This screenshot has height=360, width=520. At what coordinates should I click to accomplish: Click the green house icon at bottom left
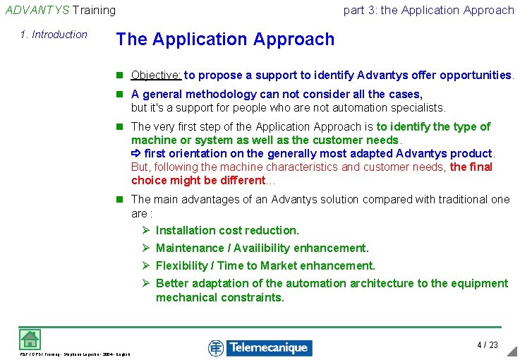[x=30, y=339]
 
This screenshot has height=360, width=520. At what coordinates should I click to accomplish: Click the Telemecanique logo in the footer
[x=260, y=347]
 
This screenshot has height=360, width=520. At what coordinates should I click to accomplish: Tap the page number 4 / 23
[x=488, y=345]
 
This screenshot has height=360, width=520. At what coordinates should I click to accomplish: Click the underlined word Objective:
[x=156, y=76]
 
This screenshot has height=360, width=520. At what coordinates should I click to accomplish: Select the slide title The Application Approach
[x=225, y=40]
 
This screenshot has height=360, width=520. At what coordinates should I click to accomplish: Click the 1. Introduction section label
[x=54, y=35]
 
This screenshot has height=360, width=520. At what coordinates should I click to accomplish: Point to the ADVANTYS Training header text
[x=61, y=10]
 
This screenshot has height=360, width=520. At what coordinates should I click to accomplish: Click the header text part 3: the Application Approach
[x=428, y=10]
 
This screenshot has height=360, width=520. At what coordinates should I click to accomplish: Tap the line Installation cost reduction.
[x=227, y=231]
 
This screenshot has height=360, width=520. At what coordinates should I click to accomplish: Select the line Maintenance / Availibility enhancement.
[x=262, y=248]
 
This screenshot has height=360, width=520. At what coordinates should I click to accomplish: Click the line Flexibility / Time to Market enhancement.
[x=265, y=266]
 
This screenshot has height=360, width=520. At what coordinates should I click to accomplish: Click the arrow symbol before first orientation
[x=136, y=154]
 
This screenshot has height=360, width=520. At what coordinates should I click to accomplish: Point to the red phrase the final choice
[x=471, y=167]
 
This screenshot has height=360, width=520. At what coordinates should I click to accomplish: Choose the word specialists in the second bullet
[x=417, y=108]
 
